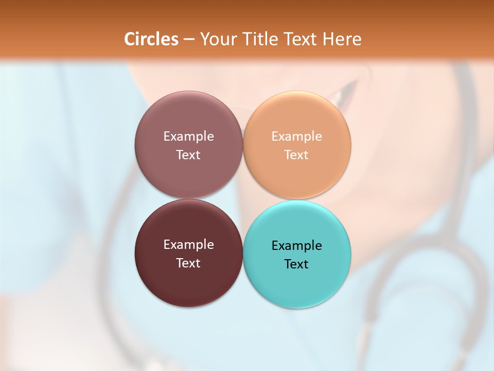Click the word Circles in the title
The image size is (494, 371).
point(151,39)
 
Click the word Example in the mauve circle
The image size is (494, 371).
point(188,137)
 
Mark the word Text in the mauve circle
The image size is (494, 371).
point(188,155)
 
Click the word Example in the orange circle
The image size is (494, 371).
point(297,137)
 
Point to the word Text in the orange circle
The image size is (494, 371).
point(297,155)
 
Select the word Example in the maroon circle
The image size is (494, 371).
point(188,245)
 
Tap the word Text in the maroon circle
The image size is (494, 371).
point(188,263)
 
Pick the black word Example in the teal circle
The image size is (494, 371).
point(297,246)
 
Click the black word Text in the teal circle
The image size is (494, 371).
point(297,264)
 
